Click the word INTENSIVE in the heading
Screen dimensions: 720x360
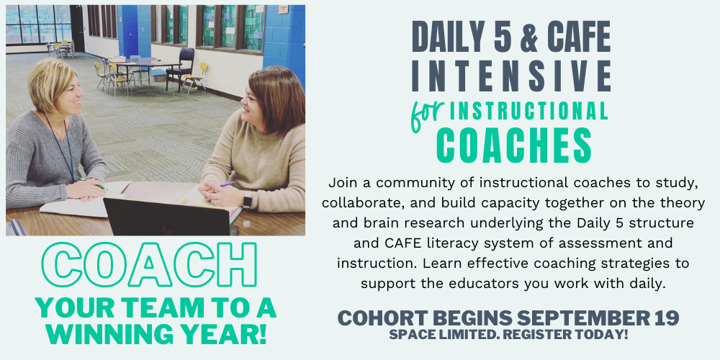coord(511,75)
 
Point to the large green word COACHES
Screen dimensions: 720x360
coord(513,145)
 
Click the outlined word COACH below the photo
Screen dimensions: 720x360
coord(149,264)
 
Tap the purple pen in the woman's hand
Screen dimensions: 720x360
coord(226,184)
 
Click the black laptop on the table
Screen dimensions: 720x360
coord(166,217)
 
